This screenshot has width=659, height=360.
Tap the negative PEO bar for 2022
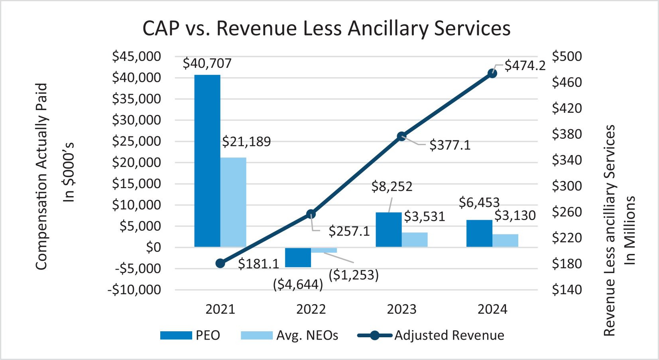tap(298, 257)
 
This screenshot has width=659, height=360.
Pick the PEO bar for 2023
tap(389, 230)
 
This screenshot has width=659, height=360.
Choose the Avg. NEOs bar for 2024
tap(505, 240)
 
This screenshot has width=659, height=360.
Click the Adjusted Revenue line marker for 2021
tap(220, 263)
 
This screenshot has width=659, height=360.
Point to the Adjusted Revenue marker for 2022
tap(311, 214)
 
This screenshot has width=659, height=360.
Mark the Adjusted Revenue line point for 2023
tap(402, 136)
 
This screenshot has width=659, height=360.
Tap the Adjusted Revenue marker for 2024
tap(492, 73)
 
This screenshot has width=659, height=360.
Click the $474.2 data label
tap(525, 65)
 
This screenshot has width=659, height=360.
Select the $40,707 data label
tap(207, 63)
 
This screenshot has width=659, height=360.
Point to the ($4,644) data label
tap(298, 284)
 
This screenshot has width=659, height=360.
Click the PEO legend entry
tap(191, 335)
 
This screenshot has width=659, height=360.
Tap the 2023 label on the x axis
tap(401, 309)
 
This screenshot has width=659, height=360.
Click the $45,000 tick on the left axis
tap(136, 57)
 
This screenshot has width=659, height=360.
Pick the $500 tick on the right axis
tap(567, 57)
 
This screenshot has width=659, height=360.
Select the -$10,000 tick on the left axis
tap(134, 290)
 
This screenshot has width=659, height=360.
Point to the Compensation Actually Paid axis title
tap(41, 176)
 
